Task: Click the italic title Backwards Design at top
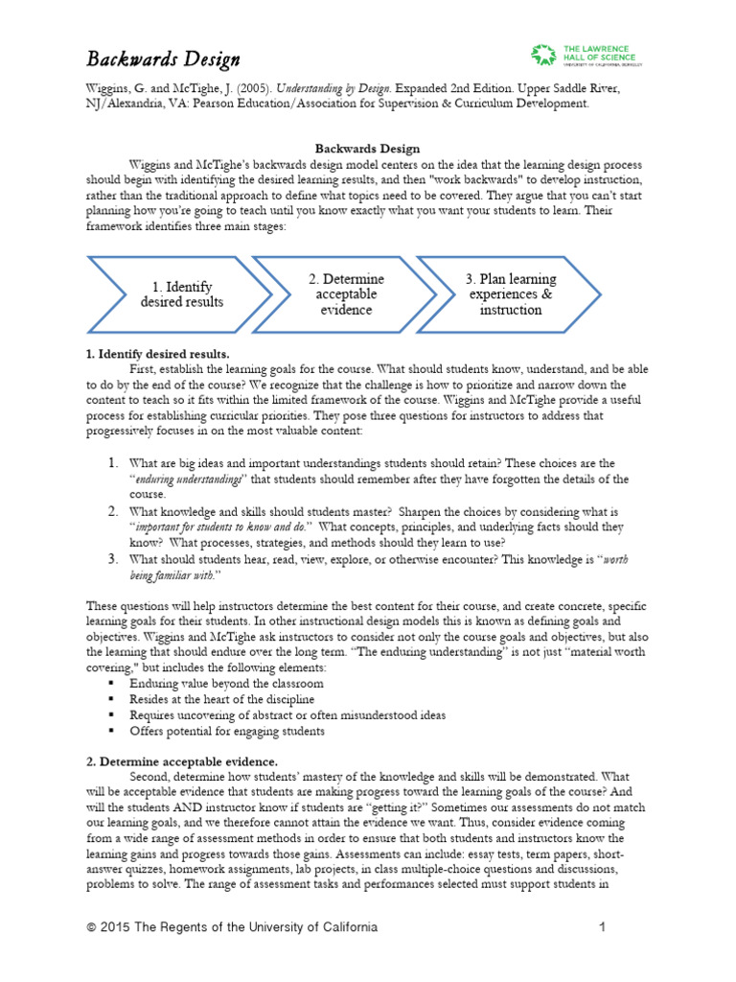pos(164,59)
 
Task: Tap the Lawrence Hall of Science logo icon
pos(543,56)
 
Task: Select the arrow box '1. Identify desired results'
pos(181,294)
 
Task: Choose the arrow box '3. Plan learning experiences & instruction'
pos(510,294)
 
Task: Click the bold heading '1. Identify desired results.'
pos(157,354)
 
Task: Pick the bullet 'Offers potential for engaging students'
pos(227,731)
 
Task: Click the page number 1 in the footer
pos(603,927)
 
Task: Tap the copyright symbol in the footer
pos(91,927)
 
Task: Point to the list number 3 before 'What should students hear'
pos(112,558)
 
